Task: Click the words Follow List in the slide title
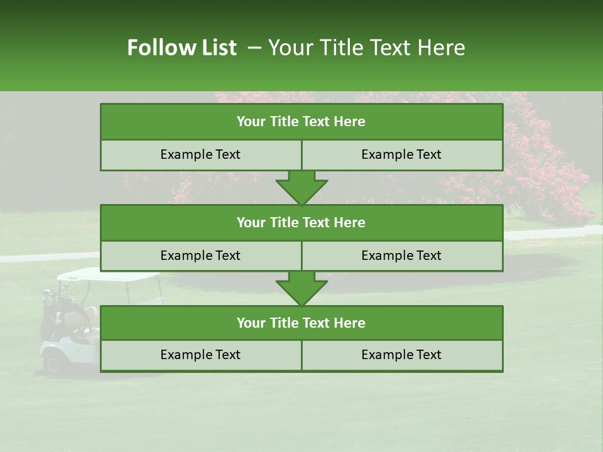182,48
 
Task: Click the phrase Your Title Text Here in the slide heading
366,48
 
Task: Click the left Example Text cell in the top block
200,154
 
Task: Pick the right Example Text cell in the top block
401,154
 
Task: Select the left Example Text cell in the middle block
200,256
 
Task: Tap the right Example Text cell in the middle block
401,256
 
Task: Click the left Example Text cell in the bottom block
200,355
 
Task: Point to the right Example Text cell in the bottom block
401,355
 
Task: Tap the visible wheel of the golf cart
52,362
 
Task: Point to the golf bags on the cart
55,301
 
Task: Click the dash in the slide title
254,48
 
